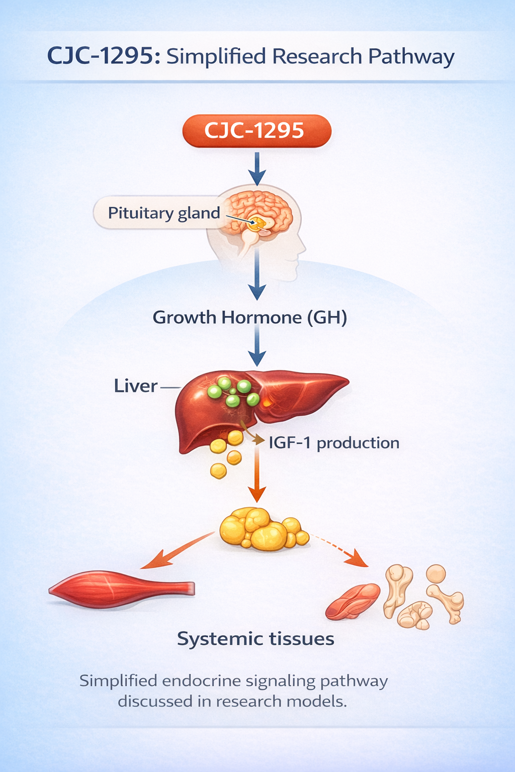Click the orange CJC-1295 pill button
257,131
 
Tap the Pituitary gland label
164,213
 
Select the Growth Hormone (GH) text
250,318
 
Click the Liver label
136,386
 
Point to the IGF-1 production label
334,443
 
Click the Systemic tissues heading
255,639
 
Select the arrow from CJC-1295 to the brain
257,168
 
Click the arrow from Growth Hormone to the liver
257,346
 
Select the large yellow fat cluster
264,529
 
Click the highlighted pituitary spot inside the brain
257,223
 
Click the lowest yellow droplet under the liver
218,471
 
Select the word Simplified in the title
216,56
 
